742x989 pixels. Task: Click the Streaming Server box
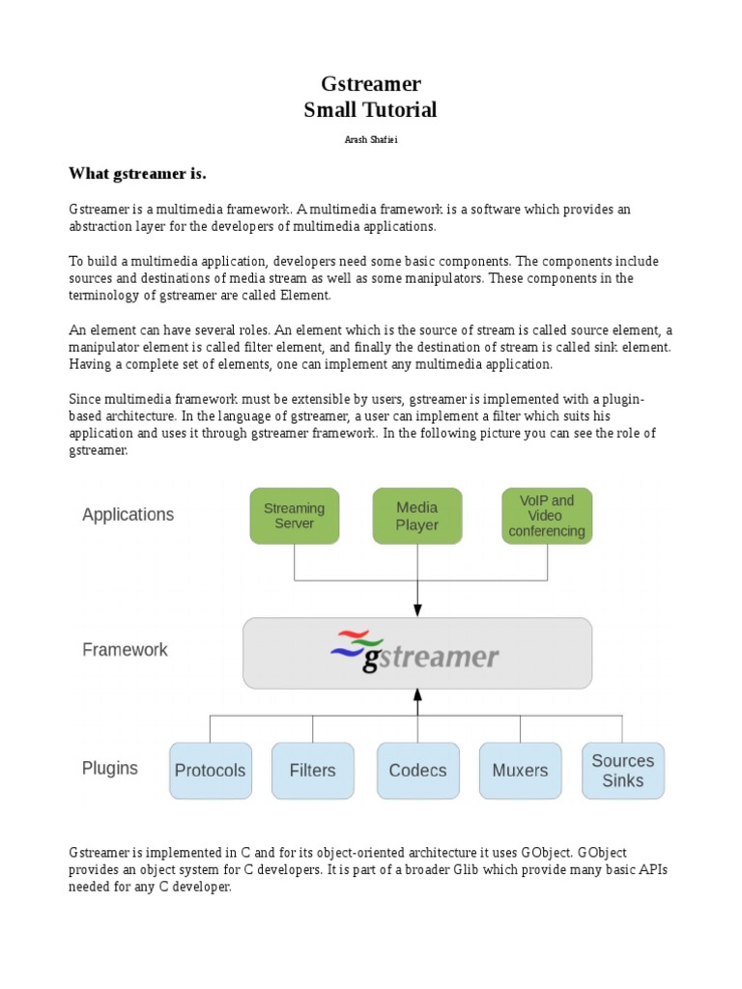click(295, 516)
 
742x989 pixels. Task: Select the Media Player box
click(417, 516)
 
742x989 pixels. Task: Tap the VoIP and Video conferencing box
click(547, 516)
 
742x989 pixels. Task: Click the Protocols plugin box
click(211, 771)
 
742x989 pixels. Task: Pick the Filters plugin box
click(313, 771)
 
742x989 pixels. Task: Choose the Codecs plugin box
click(417, 771)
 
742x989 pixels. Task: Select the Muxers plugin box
click(520, 771)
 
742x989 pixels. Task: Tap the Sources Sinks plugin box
click(622, 771)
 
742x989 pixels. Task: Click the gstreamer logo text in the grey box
click(431, 658)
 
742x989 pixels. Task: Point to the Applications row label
click(128, 515)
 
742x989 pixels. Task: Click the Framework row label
click(125, 650)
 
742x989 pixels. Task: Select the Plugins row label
click(110, 769)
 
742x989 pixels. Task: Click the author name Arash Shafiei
click(370, 140)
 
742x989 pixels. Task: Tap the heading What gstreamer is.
click(138, 174)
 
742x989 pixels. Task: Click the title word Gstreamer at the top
click(370, 84)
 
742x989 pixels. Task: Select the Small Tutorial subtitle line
click(370, 110)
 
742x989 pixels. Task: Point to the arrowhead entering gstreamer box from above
click(417, 610)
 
